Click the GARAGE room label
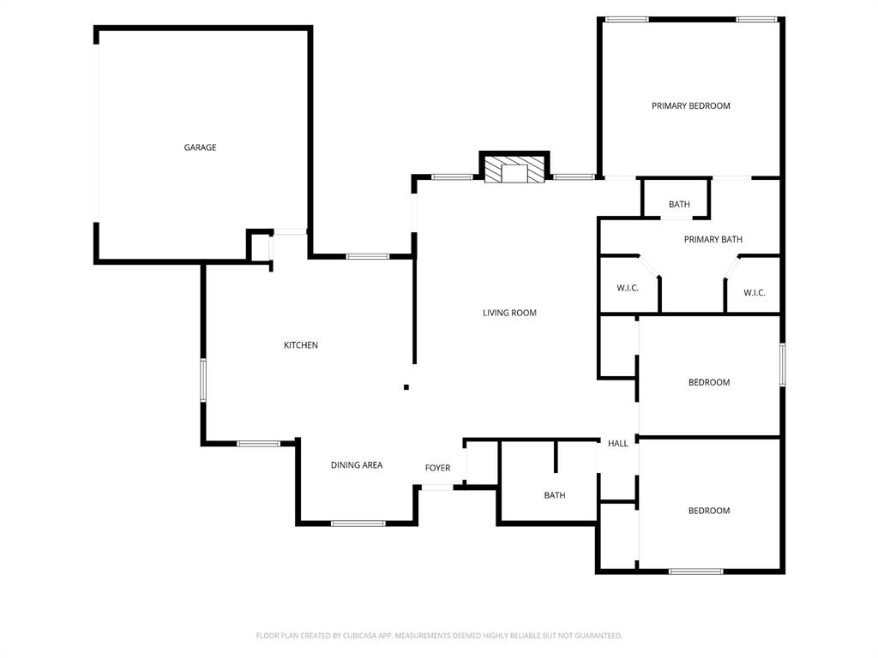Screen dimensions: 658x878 click(x=200, y=147)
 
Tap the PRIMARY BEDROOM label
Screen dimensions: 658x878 click(x=690, y=106)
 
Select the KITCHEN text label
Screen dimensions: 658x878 click(x=300, y=345)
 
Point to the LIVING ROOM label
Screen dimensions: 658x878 click(x=509, y=313)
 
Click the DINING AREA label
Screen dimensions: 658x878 click(x=357, y=465)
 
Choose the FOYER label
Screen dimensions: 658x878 click(x=437, y=468)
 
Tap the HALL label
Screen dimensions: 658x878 click(x=617, y=444)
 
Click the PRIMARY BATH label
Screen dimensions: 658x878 click(x=713, y=240)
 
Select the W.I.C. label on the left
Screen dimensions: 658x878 click(x=628, y=288)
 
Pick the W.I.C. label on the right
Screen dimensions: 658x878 click(x=755, y=293)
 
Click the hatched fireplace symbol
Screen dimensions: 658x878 click(x=514, y=169)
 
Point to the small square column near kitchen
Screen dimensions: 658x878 click(x=406, y=387)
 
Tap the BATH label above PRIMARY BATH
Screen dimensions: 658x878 click(x=679, y=205)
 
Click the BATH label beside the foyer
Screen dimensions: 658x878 click(x=555, y=495)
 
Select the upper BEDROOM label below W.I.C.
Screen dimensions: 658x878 click(x=709, y=382)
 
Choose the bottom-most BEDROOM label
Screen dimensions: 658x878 click(x=709, y=511)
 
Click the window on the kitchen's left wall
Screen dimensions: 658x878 click(x=203, y=380)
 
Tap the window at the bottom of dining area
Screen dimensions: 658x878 click(x=358, y=523)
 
